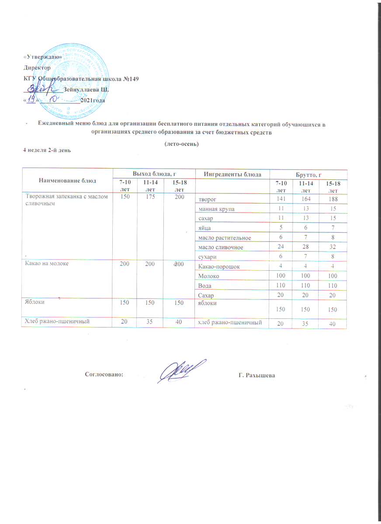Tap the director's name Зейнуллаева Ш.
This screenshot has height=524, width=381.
pyautogui.click(x=86, y=90)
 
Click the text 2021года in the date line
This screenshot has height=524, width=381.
pyautogui.click(x=92, y=100)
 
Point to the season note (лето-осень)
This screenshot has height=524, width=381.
pyautogui.click(x=181, y=144)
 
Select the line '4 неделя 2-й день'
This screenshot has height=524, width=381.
pyautogui.click(x=46, y=151)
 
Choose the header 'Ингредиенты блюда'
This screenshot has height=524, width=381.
pyautogui.click(x=230, y=175)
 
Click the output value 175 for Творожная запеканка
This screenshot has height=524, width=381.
pyautogui.click(x=149, y=197)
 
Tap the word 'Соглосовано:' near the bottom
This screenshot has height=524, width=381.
pyautogui.click(x=104, y=374)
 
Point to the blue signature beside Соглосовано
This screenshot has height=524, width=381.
pyautogui.click(x=182, y=370)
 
